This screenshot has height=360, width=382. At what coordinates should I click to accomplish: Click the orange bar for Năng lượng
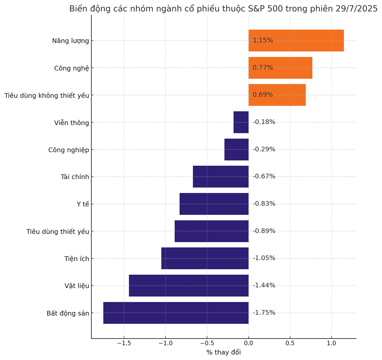coord(296,40)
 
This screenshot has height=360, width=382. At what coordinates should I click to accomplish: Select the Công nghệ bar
coord(280,68)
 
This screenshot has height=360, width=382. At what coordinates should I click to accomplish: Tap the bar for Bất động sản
coord(176,313)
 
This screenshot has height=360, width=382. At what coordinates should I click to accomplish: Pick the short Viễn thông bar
coord(241,122)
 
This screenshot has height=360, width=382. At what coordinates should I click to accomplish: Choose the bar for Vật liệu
coord(189,286)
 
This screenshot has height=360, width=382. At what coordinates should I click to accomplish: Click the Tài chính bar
coord(221,177)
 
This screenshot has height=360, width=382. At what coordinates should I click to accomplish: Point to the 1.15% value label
coord(263,40)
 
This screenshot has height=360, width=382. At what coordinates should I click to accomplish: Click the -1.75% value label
coord(264,313)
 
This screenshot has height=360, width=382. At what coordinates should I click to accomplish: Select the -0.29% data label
coord(264,149)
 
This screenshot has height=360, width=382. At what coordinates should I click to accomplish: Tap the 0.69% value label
coord(263,95)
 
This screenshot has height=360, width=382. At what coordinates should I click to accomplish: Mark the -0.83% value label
coord(264,204)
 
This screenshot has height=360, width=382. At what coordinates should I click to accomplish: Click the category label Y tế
coord(83,204)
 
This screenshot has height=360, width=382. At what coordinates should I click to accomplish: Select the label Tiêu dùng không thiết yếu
coord(47,95)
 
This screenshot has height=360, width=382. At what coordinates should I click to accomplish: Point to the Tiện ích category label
coord(76,259)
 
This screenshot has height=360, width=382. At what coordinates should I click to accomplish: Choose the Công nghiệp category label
coord(68,150)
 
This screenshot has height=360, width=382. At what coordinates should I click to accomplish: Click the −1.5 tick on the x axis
coord(124,343)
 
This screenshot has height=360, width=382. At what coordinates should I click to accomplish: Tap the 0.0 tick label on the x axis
coord(248,343)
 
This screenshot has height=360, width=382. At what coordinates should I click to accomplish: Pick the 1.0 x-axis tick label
coord(331,343)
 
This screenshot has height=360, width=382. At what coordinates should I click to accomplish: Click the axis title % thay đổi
coord(223,352)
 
